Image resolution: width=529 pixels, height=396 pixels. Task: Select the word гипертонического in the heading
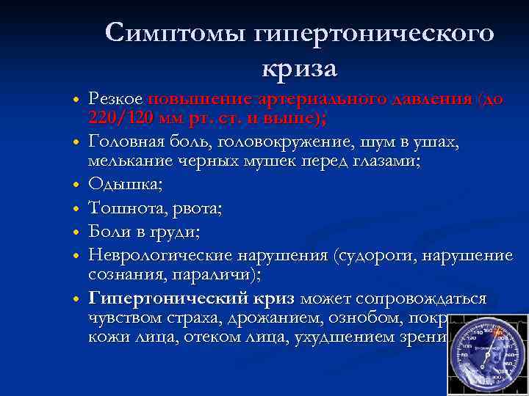click(374, 32)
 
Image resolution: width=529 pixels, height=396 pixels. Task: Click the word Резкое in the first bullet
click(116, 99)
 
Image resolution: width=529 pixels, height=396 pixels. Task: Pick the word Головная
click(126, 142)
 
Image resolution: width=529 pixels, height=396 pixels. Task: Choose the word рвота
click(198, 208)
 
